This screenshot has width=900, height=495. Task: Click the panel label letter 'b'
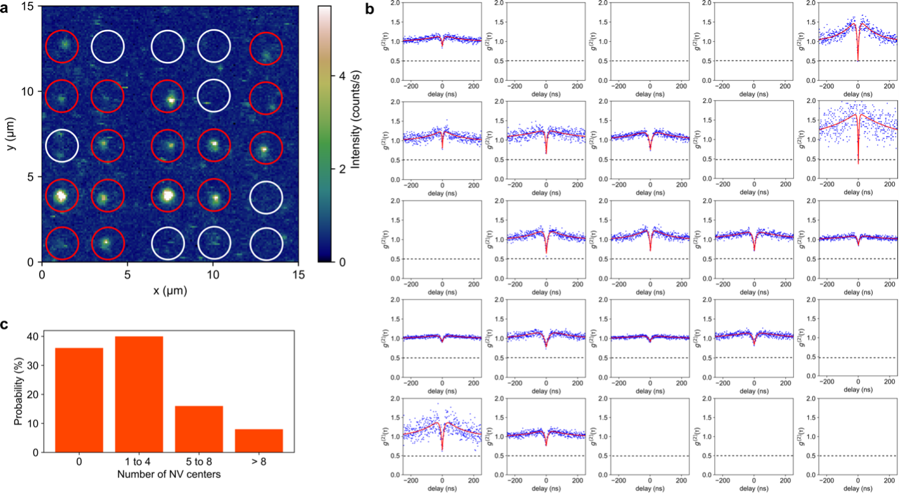(370, 9)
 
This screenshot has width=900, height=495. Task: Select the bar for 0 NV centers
(80, 400)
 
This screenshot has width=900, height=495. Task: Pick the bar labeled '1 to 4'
(139, 394)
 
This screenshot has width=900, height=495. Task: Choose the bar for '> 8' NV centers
(259, 440)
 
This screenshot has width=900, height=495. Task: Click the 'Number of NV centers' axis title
(169, 474)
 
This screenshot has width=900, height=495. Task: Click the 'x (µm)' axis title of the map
(169, 290)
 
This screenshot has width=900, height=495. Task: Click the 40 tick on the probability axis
(32, 337)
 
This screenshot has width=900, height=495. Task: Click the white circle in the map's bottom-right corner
(267, 243)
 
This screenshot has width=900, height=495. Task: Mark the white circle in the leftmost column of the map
(62, 147)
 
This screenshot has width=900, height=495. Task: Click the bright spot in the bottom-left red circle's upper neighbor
(61, 195)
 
